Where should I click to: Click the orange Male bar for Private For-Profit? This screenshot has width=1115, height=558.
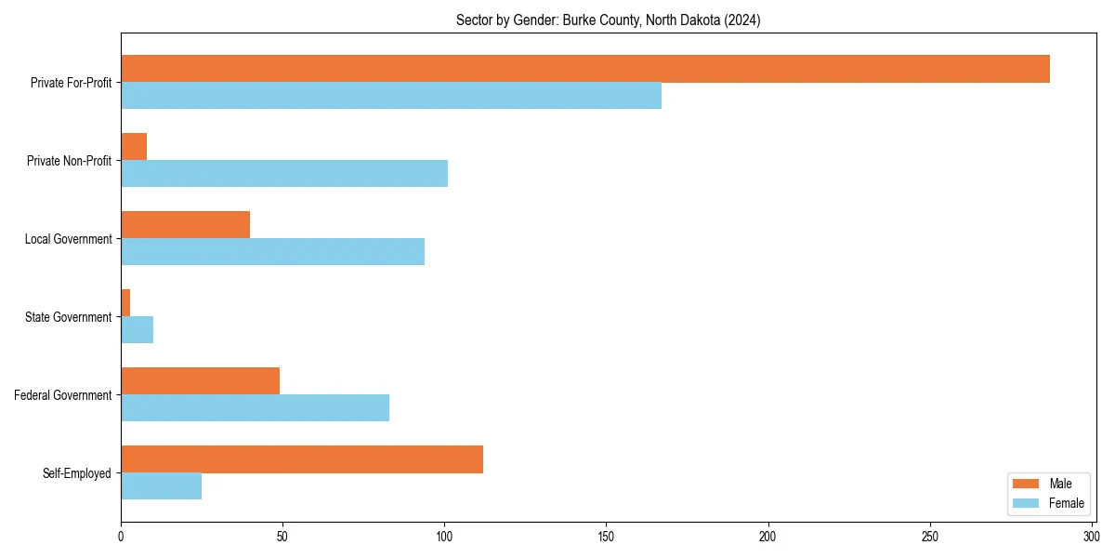coord(585,69)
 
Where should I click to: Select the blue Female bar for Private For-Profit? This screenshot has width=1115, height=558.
coord(391,96)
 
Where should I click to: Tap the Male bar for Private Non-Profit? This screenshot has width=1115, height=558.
coord(134,147)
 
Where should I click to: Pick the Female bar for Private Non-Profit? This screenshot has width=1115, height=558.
coord(284,174)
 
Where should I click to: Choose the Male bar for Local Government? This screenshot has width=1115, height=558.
coord(186,225)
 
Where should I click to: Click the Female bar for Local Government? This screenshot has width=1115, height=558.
coord(273,252)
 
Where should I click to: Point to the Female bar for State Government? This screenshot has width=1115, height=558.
coord(138,330)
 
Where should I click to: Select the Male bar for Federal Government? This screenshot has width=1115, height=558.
coord(201,381)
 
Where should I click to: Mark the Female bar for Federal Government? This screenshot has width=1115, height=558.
coord(256,408)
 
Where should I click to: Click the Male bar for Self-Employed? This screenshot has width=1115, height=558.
coord(302,459)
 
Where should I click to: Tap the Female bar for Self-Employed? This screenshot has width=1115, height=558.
coord(162,486)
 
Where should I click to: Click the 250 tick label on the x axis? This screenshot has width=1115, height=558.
coord(929,537)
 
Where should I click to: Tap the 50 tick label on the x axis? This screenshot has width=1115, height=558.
coord(282,537)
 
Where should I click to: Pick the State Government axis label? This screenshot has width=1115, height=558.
coord(69,317)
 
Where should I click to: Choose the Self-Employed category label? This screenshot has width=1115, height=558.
coord(77,473)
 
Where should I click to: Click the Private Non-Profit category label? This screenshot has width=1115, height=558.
coord(70,161)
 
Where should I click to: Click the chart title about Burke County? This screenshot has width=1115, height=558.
coord(608,20)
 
